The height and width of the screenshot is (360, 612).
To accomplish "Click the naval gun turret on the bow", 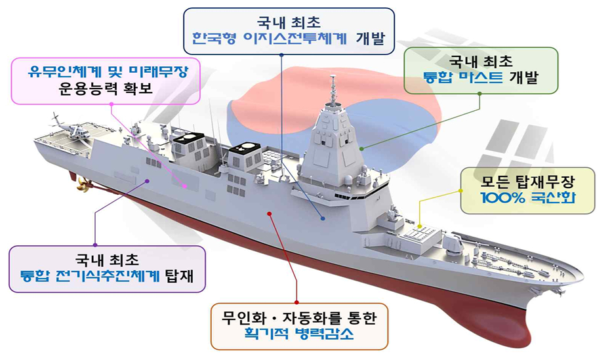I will [453, 244].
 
